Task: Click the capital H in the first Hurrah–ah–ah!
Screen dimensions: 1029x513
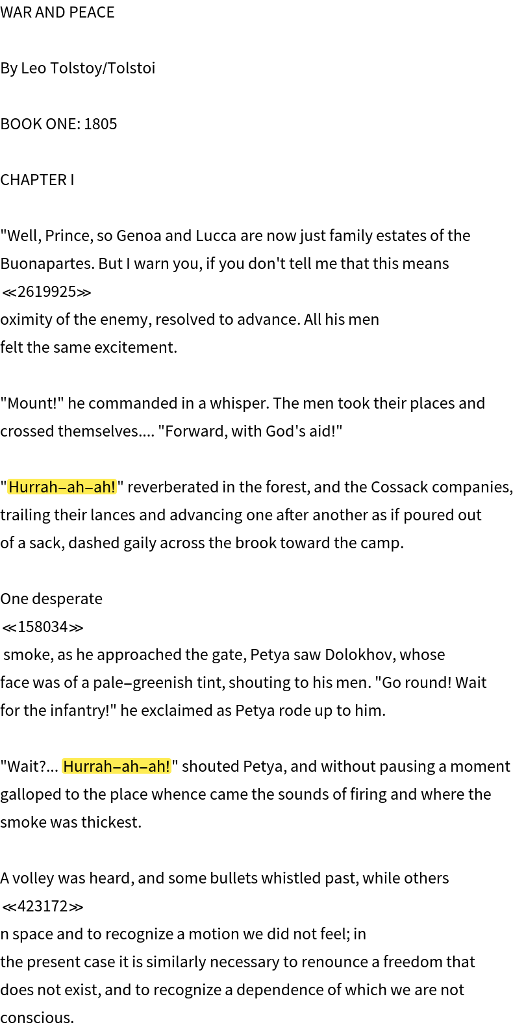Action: [x=14, y=487]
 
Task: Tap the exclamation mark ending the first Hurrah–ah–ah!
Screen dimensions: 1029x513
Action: [x=114, y=487]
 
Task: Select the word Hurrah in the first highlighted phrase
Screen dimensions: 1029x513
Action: [x=33, y=487]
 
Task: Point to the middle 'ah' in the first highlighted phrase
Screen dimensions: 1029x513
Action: [x=75, y=487]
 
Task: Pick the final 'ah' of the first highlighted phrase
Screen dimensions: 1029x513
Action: [x=103, y=487]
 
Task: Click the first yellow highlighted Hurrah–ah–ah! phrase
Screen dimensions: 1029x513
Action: [x=62, y=487]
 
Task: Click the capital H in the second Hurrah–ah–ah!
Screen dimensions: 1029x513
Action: [x=68, y=767]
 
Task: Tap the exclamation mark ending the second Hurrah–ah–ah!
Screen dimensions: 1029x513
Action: [x=168, y=767]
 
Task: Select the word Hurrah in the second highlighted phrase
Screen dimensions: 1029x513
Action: [x=88, y=767]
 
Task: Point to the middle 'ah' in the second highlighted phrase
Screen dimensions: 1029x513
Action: [x=130, y=767]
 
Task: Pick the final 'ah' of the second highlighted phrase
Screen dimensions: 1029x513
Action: [x=157, y=767]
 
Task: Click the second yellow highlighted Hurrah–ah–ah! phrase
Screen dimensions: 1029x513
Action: [x=116, y=767]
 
